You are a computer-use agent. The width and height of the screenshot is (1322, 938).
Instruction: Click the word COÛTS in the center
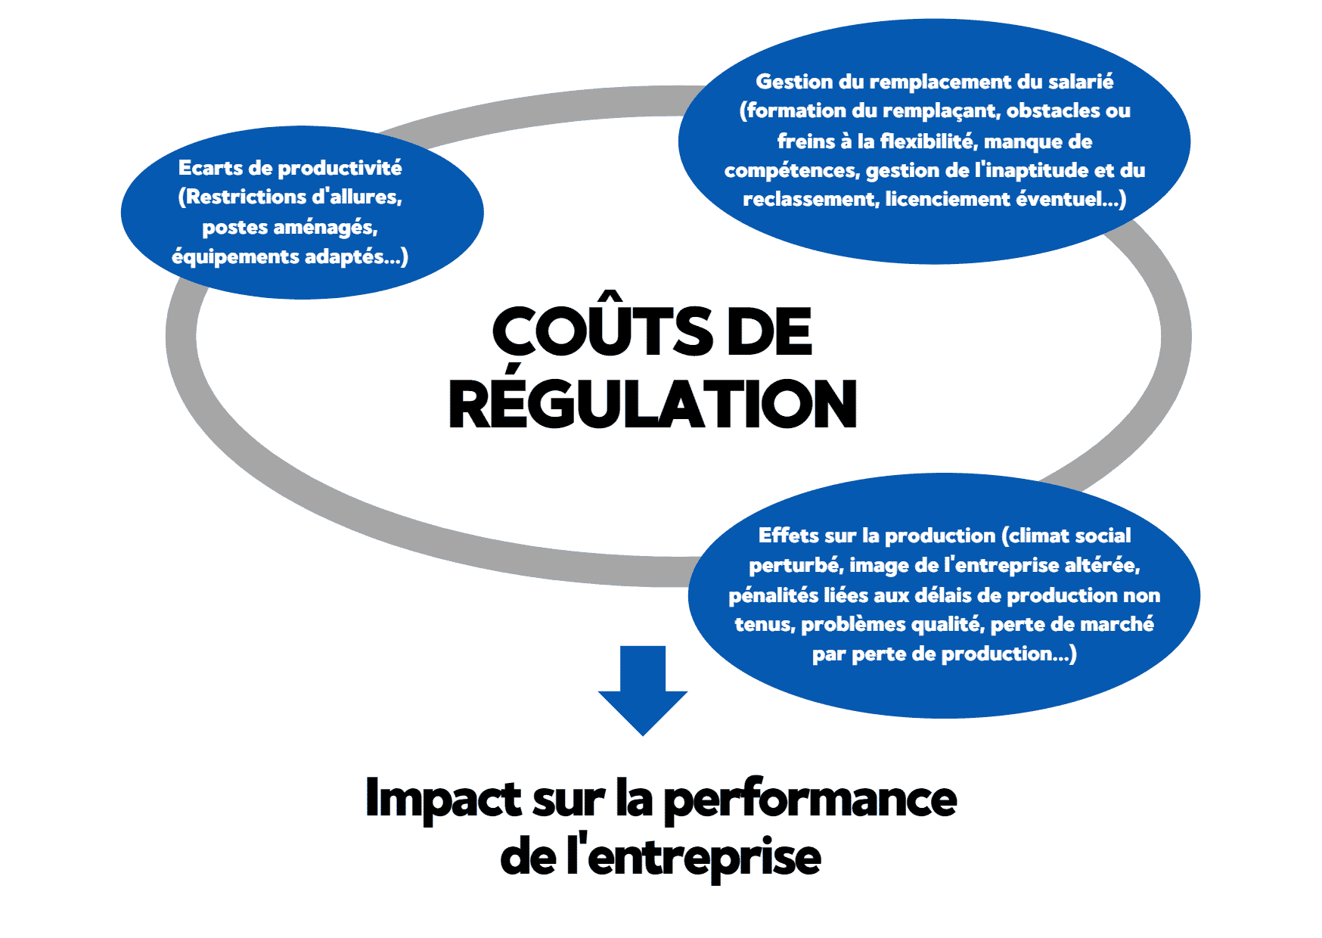pyautogui.click(x=601, y=332)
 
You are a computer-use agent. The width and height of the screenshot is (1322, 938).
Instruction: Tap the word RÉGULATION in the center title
pyautogui.click(x=653, y=404)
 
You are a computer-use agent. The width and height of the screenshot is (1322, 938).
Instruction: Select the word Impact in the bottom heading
pyautogui.click(x=443, y=799)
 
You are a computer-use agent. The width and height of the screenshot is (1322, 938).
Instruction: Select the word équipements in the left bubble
pyautogui.click(x=235, y=257)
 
